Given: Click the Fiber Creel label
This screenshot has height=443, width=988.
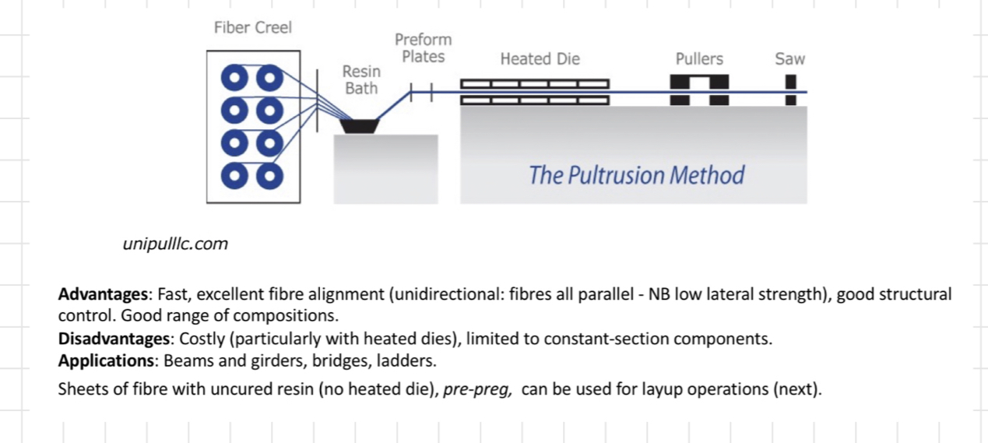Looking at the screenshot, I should click(x=252, y=28).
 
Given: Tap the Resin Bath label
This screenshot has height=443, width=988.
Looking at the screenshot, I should click(x=361, y=80).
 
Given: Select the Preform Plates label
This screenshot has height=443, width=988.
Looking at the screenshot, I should click(x=423, y=48).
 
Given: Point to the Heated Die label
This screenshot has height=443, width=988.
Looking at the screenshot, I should click(x=540, y=59).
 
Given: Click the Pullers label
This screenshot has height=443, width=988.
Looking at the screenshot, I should click(x=699, y=59).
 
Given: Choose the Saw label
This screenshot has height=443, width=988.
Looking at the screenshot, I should click(x=789, y=59).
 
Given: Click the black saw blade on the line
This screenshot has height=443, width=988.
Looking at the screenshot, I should click(x=790, y=90).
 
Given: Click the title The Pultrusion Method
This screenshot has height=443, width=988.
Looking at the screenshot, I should click(x=636, y=175).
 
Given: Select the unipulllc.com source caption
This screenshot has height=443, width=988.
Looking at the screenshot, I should click(x=175, y=244).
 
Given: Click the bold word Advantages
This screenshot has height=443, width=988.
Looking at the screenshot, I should click(x=103, y=294).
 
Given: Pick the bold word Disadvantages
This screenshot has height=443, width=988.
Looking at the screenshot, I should click(x=115, y=339).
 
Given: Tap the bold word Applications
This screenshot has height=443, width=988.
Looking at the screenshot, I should click(x=106, y=362).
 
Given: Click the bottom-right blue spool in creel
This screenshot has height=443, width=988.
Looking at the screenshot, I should click(x=269, y=175).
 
